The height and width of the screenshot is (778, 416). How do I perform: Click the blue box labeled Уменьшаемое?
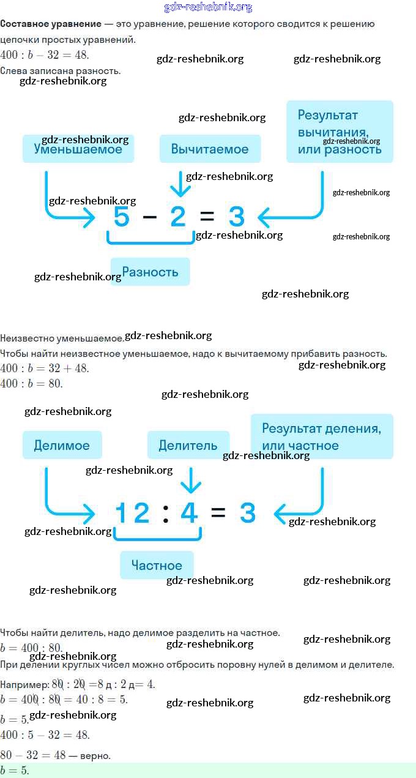(x=78, y=149)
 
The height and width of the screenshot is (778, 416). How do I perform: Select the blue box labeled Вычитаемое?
(x=210, y=149)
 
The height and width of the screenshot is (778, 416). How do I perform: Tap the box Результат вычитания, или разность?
(x=340, y=132)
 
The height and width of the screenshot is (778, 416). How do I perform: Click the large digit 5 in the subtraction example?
(x=122, y=217)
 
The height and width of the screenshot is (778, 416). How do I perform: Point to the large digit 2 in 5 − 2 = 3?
(x=177, y=217)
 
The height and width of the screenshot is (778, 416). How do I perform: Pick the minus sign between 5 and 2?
(x=150, y=217)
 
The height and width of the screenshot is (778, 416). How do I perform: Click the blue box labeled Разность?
(x=150, y=272)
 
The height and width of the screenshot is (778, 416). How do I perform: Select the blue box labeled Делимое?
(x=62, y=445)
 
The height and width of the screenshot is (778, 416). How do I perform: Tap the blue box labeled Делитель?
(x=188, y=445)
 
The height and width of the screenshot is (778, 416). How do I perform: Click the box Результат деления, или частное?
(x=321, y=436)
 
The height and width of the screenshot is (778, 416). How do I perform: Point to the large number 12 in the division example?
(x=132, y=513)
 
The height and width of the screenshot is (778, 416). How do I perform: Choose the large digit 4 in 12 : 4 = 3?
(x=190, y=513)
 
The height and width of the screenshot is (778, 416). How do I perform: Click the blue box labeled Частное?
(x=157, y=565)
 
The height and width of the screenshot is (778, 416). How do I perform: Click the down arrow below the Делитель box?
(x=191, y=480)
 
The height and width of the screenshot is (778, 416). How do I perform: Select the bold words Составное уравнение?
(x=51, y=24)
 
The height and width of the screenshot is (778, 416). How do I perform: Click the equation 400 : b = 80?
(x=32, y=384)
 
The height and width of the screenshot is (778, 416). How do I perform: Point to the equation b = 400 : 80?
(x=31, y=648)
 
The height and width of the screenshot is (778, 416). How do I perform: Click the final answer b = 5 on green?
(x=15, y=771)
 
